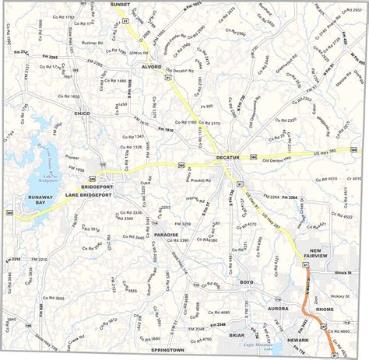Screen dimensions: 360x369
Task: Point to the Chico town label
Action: coord(82,114)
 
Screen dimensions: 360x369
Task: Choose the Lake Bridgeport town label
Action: coord(88,194)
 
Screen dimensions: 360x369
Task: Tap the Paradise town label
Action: coord(166,234)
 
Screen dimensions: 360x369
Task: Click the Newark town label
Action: coord(296,340)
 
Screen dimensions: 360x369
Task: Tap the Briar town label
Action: coord(237,335)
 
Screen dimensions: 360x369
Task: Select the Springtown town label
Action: coord(167,351)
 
